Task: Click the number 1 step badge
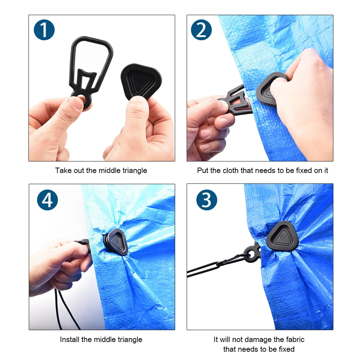pos(44,30)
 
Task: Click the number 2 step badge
pos(201,30)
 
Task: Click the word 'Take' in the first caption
pos(63,170)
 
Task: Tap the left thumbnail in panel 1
pos(77,103)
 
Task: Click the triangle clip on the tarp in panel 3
pos(282,237)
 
